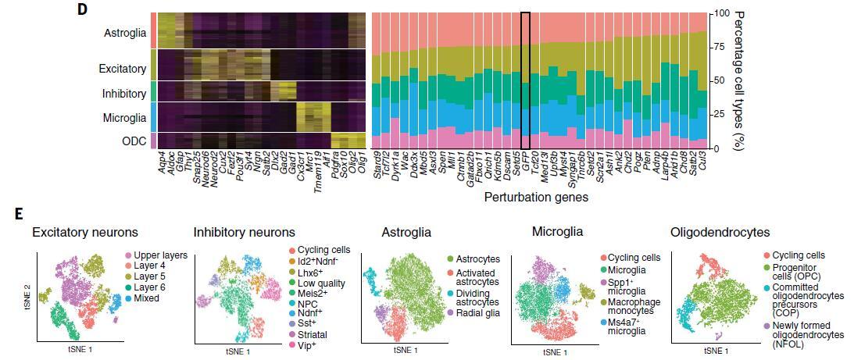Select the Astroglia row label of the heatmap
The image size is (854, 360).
125,34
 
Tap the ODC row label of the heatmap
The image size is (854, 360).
134,141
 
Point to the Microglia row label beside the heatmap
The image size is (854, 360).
125,118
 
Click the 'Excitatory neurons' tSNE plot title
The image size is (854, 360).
85,232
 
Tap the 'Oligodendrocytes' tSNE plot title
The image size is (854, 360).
720,232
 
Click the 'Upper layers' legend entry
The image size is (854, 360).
159,256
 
